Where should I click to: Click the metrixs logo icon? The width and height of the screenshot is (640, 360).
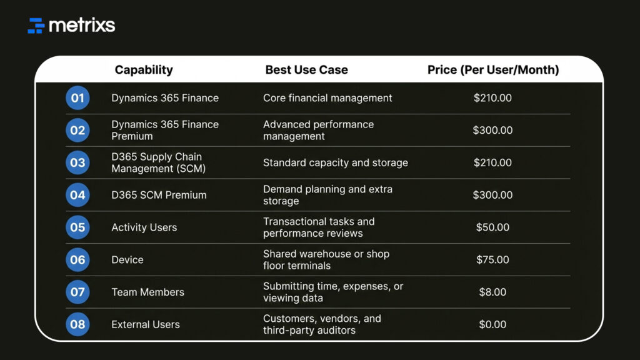(x=36, y=26)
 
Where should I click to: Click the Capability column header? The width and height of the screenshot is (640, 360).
(x=144, y=70)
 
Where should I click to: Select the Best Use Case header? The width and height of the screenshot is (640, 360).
(x=306, y=70)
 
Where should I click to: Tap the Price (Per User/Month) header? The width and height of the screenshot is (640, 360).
(x=493, y=70)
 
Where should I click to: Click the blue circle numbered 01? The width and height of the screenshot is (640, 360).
(x=77, y=98)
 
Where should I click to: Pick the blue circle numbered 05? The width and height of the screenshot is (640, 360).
(x=77, y=227)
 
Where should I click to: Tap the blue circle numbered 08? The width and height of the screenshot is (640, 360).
(x=77, y=324)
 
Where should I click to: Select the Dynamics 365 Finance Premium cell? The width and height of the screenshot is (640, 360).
(x=165, y=130)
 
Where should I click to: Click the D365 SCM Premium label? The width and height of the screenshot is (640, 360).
(x=159, y=195)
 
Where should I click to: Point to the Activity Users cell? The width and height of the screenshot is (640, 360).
(x=144, y=227)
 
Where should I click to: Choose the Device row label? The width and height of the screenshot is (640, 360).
(x=127, y=260)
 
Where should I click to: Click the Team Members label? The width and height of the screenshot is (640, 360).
(x=147, y=292)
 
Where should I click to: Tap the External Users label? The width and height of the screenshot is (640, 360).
(x=145, y=324)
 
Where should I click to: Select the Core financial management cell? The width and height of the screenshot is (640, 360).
(x=327, y=98)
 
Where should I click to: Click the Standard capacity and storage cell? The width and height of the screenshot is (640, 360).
(x=335, y=162)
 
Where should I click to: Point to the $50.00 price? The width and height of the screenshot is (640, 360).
(x=492, y=227)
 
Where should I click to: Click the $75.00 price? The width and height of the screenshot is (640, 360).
(x=492, y=260)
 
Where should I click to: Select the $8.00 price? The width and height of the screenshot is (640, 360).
(x=492, y=292)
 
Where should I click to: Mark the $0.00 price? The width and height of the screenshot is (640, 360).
(x=492, y=324)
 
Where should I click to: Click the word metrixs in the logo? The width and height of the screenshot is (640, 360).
(x=82, y=26)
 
